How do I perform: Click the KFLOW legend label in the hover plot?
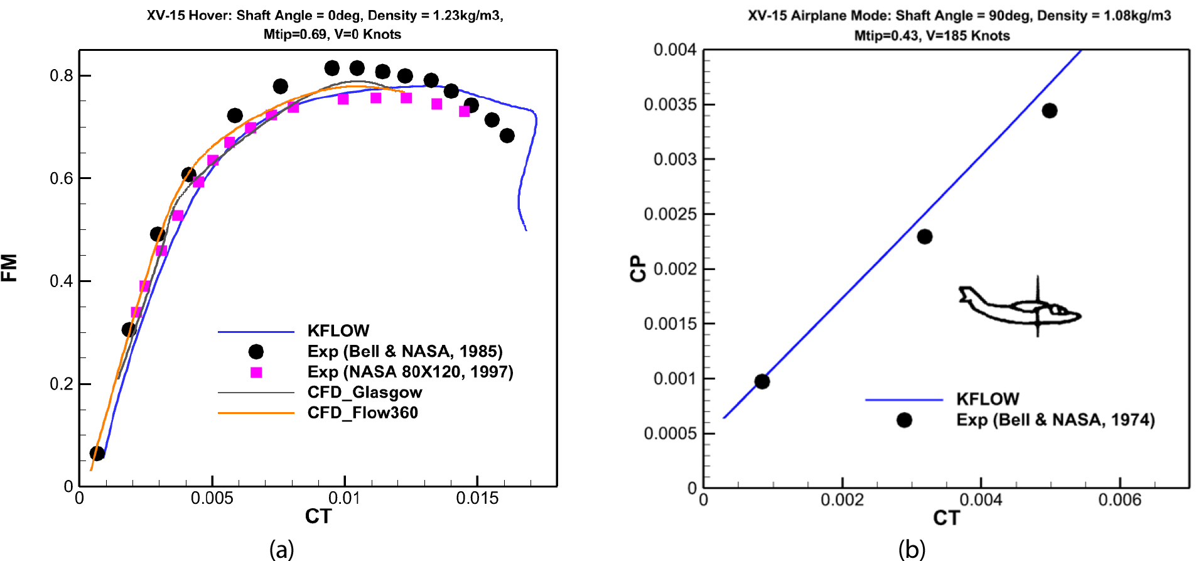pyautogui.click(x=338, y=330)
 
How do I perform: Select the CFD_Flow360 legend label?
pyautogui.click(x=362, y=413)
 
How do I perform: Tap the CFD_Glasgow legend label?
pyautogui.click(x=364, y=393)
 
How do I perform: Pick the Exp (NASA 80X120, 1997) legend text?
pyautogui.click(x=410, y=372)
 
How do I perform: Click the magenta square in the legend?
pyautogui.click(x=256, y=373)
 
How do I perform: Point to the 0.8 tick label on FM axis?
pyautogui.click(x=62, y=76)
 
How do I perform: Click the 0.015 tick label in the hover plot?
pyautogui.click(x=477, y=499)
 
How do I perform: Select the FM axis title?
pyautogui.click(x=9, y=268)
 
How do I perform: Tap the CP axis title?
pyautogui.click(x=638, y=268)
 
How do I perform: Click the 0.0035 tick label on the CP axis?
pyautogui.click(x=670, y=104)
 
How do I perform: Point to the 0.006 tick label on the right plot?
pyautogui.click(x=1119, y=500)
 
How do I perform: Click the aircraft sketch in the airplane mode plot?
pyautogui.click(x=1020, y=306)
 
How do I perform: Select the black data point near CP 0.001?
pyautogui.click(x=762, y=381)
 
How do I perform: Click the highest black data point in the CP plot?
pyautogui.click(x=1049, y=111)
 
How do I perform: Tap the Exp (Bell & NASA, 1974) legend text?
pyautogui.click(x=1055, y=420)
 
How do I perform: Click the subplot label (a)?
pyautogui.click(x=281, y=548)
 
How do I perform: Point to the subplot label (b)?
pyautogui.click(x=912, y=548)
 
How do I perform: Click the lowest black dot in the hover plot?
pyautogui.click(x=97, y=453)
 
